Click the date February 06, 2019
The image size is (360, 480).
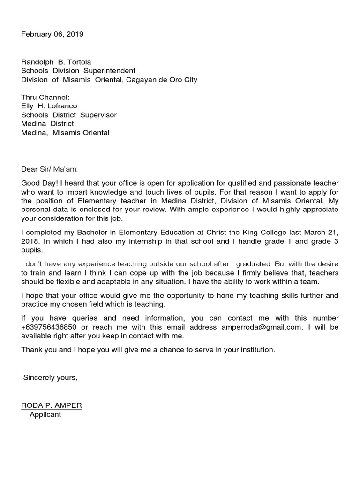click(x=52, y=34)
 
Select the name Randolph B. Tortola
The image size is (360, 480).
click(x=56, y=62)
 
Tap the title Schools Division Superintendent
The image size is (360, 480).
click(x=78, y=71)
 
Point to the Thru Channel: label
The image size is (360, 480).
click(x=45, y=97)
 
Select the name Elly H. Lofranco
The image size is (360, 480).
click(x=49, y=106)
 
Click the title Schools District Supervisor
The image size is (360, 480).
click(x=69, y=115)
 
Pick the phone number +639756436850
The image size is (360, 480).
click(x=49, y=327)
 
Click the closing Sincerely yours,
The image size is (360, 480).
click(x=50, y=378)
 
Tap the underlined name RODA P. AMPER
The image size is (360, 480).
click(x=52, y=406)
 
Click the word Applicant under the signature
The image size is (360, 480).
click(x=45, y=415)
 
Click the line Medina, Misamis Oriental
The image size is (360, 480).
click(x=65, y=133)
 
